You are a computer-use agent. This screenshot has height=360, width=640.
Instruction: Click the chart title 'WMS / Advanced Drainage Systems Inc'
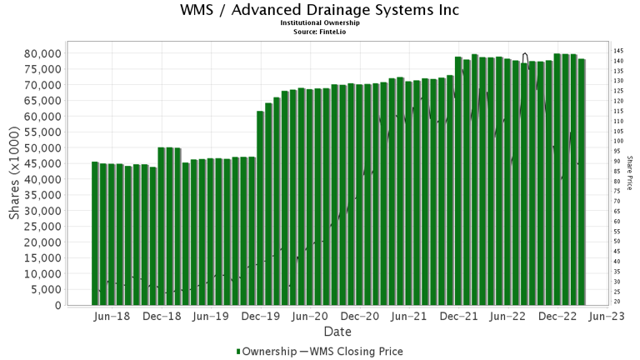click(x=320, y=11)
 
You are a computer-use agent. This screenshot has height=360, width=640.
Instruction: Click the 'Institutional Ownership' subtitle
click(x=320, y=23)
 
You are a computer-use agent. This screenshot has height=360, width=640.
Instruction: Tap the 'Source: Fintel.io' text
click(x=320, y=31)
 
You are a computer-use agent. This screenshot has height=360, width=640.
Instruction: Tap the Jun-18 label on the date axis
click(x=112, y=317)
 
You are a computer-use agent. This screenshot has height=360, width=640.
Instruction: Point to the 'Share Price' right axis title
click(x=630, y=173)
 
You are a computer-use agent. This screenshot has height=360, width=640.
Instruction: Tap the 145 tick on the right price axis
click(x=618, y=51)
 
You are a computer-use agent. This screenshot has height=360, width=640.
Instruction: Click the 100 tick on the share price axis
click(x=618, y=141)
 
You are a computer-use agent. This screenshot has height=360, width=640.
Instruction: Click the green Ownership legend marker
click(x=239, y=352)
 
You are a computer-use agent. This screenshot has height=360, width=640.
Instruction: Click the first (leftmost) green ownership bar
click(x=95, y=233)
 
